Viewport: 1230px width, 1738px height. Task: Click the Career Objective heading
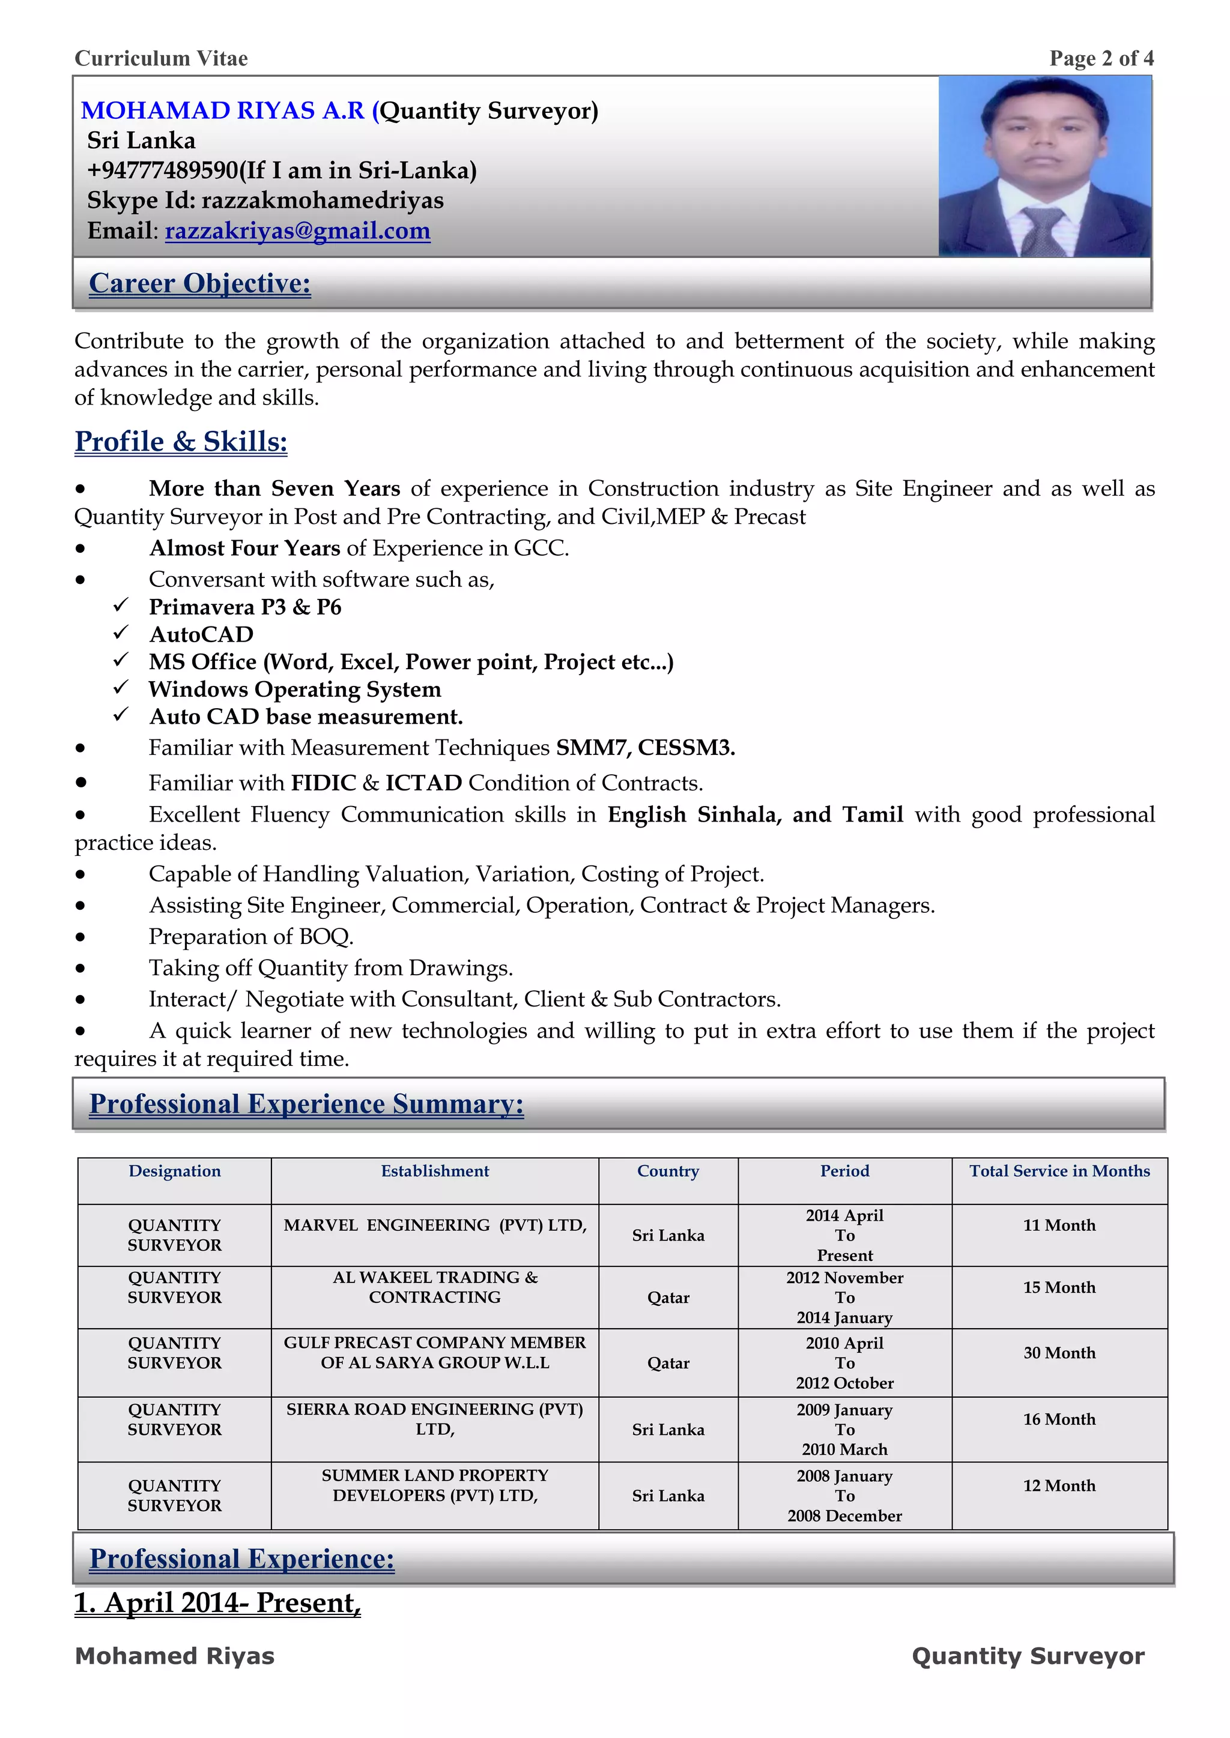199,283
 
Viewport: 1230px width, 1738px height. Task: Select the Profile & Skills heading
181,441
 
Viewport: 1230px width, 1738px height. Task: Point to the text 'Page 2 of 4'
1101,58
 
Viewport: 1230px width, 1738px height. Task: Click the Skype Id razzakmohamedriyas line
265,200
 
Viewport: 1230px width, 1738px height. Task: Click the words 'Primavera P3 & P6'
244,607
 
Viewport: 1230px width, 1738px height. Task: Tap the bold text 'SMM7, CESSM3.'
645,748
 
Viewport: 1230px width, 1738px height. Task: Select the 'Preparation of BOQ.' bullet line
250,936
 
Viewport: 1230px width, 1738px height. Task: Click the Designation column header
174,1171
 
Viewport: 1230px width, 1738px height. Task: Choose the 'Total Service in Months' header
1059,1171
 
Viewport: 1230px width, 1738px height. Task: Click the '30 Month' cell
1059,1353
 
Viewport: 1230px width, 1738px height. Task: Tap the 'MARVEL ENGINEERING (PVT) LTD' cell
435,1225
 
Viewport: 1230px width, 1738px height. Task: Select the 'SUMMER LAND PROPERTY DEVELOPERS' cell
435,1485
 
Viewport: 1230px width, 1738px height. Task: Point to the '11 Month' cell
1059,1225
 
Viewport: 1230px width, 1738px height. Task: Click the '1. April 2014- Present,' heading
217,1602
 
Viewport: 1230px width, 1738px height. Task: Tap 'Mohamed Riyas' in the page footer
174,1656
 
